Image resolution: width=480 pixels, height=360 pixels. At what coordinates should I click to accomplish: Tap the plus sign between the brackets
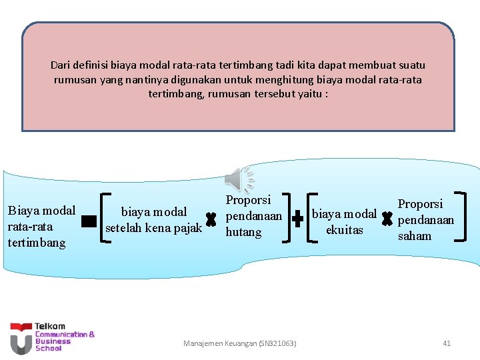[298, 217]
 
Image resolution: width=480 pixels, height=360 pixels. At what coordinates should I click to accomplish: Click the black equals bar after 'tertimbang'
[88, 221]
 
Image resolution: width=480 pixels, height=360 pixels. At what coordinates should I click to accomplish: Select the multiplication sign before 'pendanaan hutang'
[211, 218]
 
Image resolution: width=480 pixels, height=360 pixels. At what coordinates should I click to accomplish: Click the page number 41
[447, 343]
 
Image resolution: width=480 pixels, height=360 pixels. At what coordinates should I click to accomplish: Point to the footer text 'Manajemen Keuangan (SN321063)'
[240, 343]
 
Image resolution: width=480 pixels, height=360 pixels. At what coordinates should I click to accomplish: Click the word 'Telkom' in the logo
[50, 327]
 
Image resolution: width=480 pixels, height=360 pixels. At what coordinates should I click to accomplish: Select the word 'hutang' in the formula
[243, 232]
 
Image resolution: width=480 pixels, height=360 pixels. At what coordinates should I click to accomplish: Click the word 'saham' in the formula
[415, 235]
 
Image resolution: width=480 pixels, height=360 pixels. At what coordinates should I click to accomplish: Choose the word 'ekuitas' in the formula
[345, 229]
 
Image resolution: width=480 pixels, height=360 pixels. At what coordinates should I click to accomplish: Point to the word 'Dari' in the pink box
[60, 65]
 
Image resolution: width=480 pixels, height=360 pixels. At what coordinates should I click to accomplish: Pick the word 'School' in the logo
[48, 348]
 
